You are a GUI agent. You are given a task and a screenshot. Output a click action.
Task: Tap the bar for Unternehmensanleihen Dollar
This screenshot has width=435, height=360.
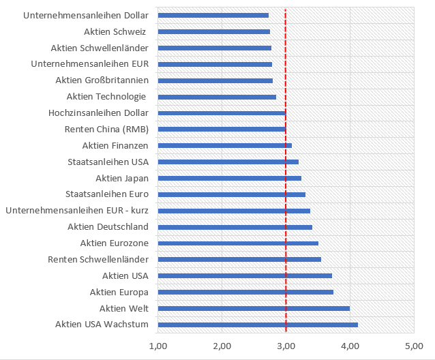213,15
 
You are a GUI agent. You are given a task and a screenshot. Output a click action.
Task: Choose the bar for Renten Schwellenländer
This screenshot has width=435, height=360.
239,259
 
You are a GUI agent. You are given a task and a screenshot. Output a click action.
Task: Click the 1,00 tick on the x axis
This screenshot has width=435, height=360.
158,346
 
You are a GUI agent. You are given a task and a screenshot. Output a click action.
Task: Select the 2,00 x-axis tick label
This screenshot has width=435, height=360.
222,346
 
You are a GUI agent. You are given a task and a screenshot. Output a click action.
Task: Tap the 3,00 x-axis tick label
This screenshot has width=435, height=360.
286,346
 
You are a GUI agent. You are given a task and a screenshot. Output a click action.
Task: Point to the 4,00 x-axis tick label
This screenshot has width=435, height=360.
350,346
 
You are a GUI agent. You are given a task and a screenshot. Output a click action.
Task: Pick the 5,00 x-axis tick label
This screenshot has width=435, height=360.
413,346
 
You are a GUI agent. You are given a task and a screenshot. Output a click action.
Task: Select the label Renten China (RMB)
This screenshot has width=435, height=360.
106,129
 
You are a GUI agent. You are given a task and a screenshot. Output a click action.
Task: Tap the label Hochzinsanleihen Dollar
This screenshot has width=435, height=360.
99,112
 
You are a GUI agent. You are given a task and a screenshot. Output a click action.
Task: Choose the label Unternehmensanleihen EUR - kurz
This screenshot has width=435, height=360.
77,210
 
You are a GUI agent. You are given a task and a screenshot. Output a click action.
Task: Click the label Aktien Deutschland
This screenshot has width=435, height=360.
108,226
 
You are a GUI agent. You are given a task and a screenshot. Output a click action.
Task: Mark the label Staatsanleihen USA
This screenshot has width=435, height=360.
108,162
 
